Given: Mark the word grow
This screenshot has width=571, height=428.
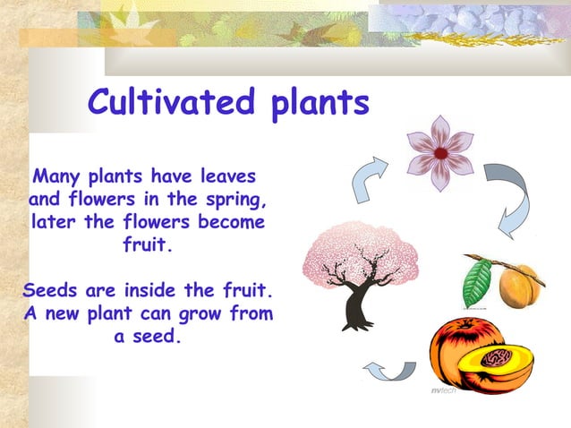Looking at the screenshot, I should pyautogui.click(x=205, y=314).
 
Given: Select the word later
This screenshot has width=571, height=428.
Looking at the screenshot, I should pyautogui.click(x=54, y=221).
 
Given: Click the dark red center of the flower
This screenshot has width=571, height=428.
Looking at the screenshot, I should pyautogui.click(x=440, y=153).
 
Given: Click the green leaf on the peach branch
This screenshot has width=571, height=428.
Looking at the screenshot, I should pyautogui.click(x=477, y=281).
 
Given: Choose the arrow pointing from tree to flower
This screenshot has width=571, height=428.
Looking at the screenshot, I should pyautogui.click(x=368, y=180).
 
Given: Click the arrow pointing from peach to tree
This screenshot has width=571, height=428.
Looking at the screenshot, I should pyautogui.click(x=388, y=369).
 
